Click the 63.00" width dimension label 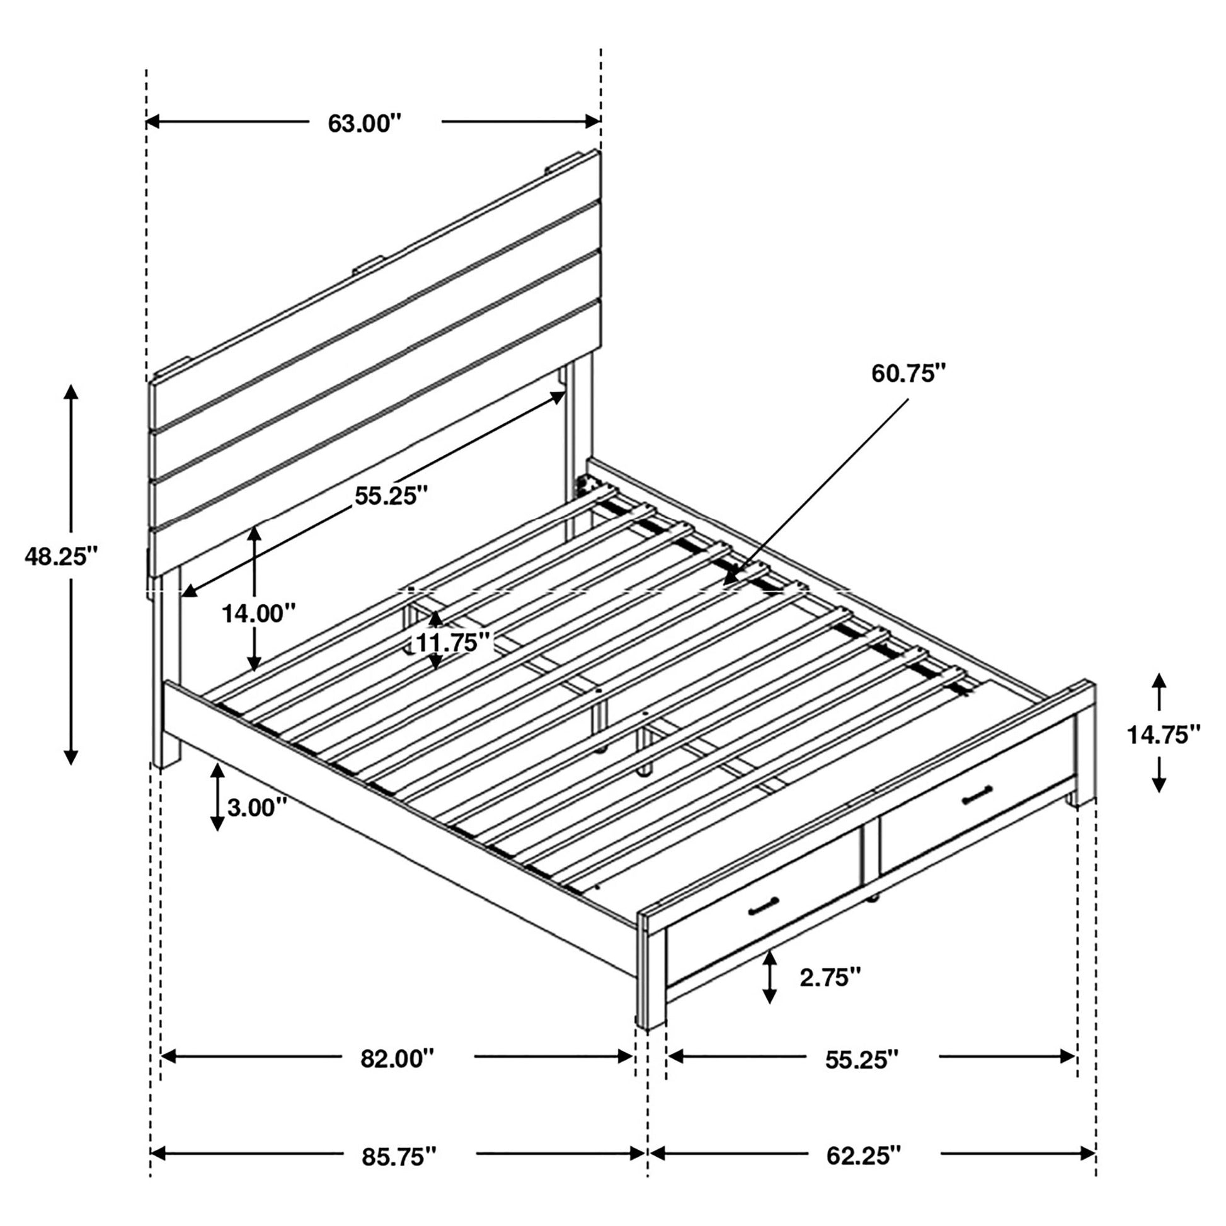[365, 123]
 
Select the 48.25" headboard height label [61, 556]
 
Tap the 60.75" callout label [908, 374]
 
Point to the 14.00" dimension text [258, 613]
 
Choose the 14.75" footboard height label [1163, 735]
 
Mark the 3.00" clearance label [257, 807]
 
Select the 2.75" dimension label [830, 978]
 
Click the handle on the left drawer [764, 908]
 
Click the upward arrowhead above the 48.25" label [71, 391]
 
